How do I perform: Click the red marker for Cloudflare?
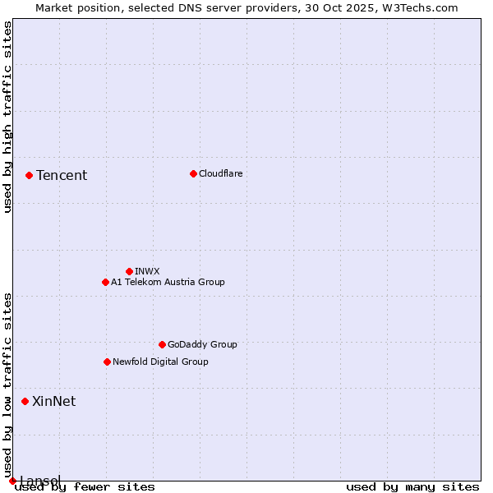click(x=193, y=173)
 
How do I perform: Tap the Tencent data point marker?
click(x=29, y=175)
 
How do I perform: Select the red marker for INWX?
click(x=129, y=271)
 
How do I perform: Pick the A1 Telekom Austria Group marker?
click(x=105, y=282)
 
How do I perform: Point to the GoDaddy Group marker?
click(x=162, y=344)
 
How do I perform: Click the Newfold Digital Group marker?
click(x=107, y=362)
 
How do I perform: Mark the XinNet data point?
click(x=25, y=401)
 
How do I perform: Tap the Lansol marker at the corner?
click(x=12, y=481)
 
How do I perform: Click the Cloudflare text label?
click(x=220, y=173)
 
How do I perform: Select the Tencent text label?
click(x=62, y=175)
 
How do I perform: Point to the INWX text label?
click(x=147, y=271)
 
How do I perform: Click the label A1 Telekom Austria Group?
click(x=168, y=282)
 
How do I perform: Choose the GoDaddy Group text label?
click(x=202, y=344)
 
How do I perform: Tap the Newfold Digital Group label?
click(x=160, y=362)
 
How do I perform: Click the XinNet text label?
click(x=53, y=401)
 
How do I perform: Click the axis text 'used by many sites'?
click(x=412, y=487)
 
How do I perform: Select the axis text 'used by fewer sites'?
click(x=85, y=487)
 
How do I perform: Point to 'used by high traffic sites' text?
click(x=7, y=117)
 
